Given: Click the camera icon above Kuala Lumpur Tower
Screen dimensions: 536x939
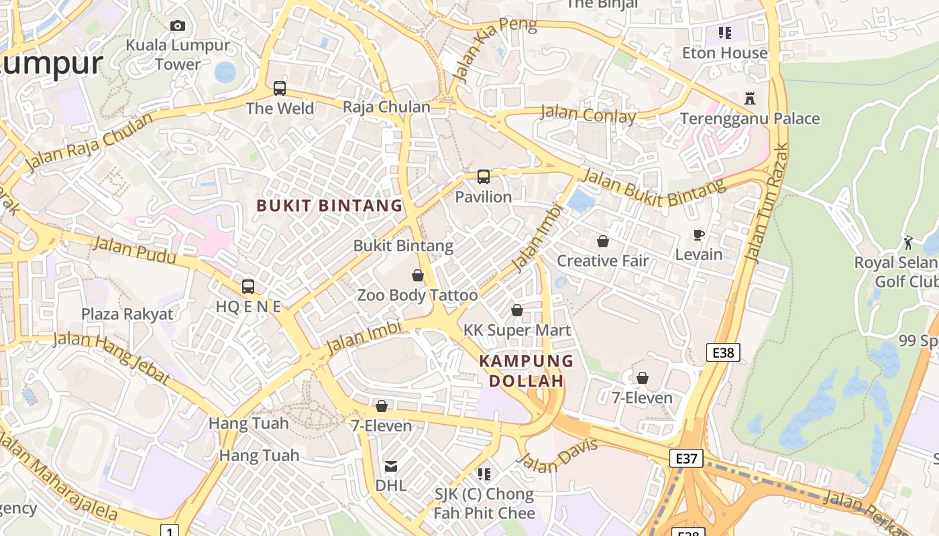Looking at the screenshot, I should (177, 26).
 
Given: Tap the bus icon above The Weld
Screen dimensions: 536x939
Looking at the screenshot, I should (280, 88).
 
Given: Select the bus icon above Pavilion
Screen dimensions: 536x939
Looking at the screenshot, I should (483, 178).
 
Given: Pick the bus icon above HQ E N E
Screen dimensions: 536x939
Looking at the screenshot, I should (247, 287).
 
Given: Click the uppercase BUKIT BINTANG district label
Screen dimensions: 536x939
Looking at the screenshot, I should (329, 206).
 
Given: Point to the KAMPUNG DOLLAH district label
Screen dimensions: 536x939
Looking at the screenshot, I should (526, 371).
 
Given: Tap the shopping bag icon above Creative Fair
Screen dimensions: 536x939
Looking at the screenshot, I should (602, 241).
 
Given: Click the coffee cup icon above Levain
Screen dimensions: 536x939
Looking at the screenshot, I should (699, 235).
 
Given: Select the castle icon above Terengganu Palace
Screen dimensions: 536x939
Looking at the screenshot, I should (750, 99).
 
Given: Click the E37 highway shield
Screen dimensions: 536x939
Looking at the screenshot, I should (686, 458).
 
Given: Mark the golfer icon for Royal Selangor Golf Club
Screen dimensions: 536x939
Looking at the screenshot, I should (908, 243).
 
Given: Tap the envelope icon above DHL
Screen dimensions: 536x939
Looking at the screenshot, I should (390, 466).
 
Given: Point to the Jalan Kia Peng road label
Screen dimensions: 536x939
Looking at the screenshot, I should (495, 50).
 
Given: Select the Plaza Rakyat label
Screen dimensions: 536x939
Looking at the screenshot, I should (127, 314).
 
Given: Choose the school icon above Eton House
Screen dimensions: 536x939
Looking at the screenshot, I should (724, 32).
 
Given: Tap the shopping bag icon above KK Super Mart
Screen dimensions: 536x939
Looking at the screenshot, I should (516, 310).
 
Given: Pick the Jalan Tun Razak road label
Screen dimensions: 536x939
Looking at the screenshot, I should (767, 202).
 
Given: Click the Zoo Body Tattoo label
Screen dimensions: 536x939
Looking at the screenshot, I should (417, 295).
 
